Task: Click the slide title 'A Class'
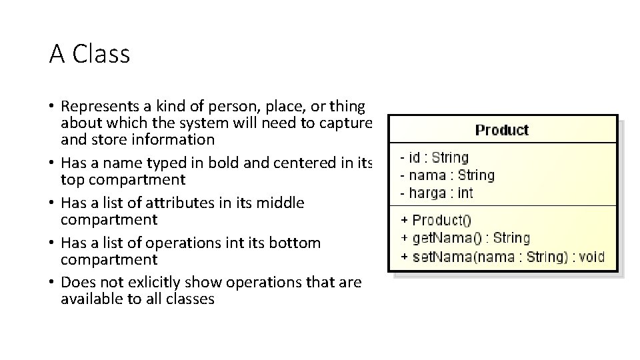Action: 89,54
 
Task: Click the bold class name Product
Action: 501,129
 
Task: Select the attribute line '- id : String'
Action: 434,158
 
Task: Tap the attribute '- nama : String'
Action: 447,175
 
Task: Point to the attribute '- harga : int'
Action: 436,193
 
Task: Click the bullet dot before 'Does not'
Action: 51,283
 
